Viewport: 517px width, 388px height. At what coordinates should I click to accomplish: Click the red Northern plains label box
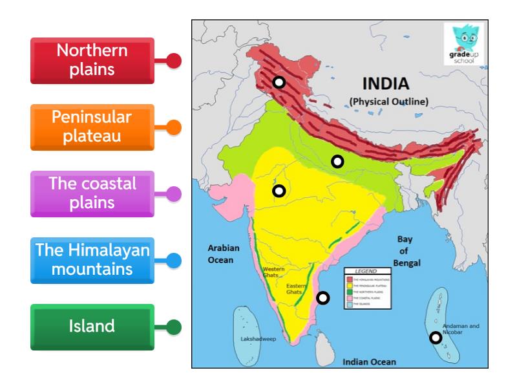(92, 60)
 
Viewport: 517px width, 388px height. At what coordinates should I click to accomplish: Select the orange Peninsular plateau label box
(92, 127)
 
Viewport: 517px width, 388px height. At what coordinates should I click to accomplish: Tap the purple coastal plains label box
(92, 193)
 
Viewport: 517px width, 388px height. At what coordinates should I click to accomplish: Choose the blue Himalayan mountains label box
(92, 259)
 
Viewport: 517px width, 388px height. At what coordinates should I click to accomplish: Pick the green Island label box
(92, 327)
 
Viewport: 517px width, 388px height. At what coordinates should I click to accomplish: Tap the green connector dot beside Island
(174, 327)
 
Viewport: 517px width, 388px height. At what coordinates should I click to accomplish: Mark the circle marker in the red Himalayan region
(279, 82)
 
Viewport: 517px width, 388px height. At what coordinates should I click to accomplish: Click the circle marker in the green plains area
(337, 162)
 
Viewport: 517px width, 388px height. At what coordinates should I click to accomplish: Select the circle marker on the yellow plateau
(279, 191)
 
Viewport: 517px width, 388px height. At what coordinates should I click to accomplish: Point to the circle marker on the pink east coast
(323, 298)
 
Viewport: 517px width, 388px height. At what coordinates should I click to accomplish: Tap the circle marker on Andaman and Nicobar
(436, 337)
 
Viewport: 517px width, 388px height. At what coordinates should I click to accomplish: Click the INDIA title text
(385, 84)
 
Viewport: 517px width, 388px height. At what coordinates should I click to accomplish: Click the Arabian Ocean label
(224, 253)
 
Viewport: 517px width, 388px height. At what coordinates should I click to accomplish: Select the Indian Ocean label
(369, 361)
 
